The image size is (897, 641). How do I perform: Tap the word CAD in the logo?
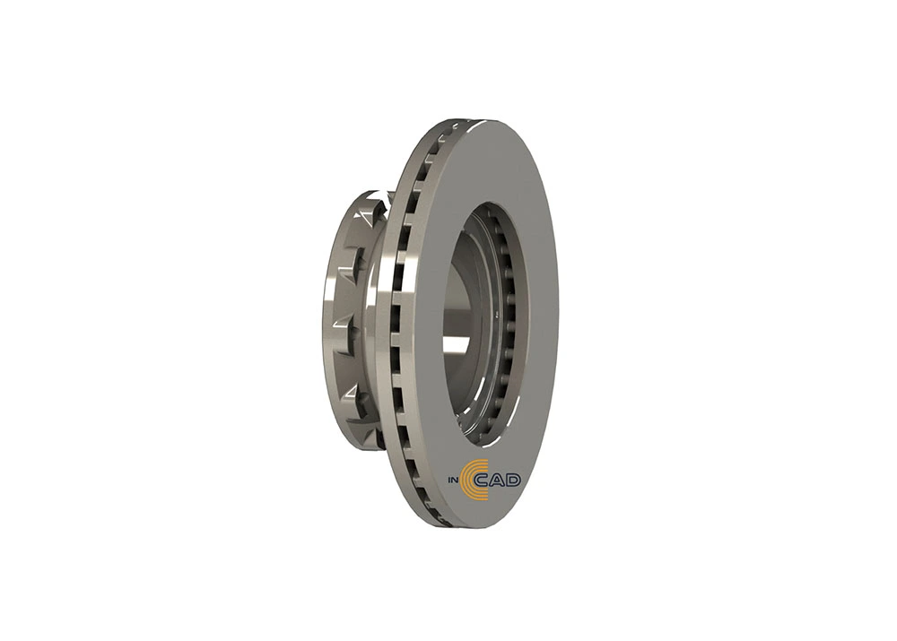498,481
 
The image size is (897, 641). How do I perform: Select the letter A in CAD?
498,481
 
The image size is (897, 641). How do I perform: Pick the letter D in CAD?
514,481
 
